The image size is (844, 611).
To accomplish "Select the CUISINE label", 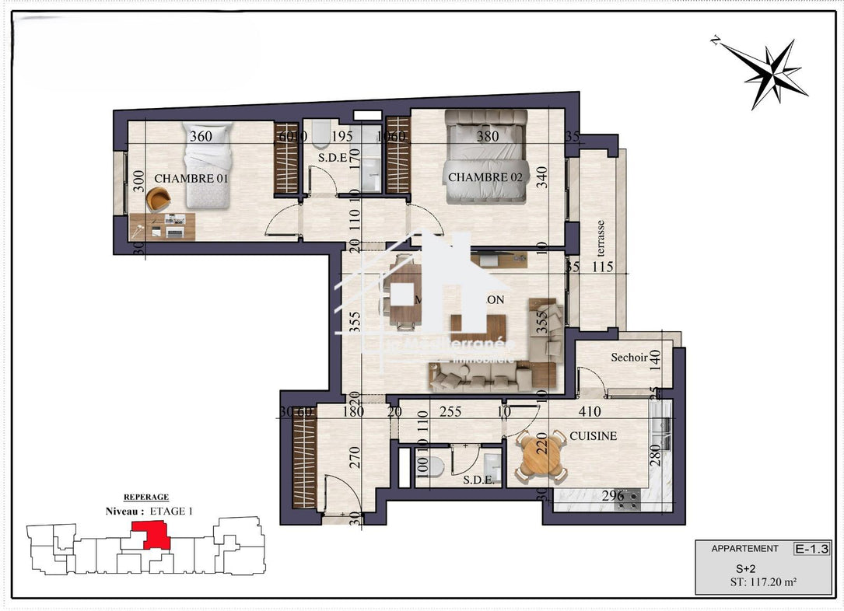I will pos(593,436).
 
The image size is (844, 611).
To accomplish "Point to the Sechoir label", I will pos(629,358).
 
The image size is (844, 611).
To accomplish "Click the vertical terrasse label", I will pos(601,238).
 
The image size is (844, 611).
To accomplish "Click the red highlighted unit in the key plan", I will pos(151,536).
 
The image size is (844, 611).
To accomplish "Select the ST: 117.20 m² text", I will pos(762,581).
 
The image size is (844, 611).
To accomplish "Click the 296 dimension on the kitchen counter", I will pos(613,496).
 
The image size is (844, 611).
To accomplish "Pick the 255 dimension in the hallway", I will pos(451,412).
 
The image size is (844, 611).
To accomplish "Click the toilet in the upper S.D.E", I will pos(318,138).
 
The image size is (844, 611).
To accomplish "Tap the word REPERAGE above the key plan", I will pos(146,497).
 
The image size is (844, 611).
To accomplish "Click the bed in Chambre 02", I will pos(485,155).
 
